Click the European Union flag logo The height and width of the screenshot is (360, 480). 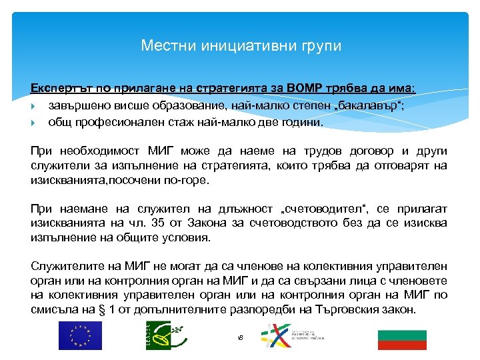(80, 335)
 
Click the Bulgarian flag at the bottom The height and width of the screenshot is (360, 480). (401, 337)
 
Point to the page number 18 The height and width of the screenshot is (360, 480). (240, 338)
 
